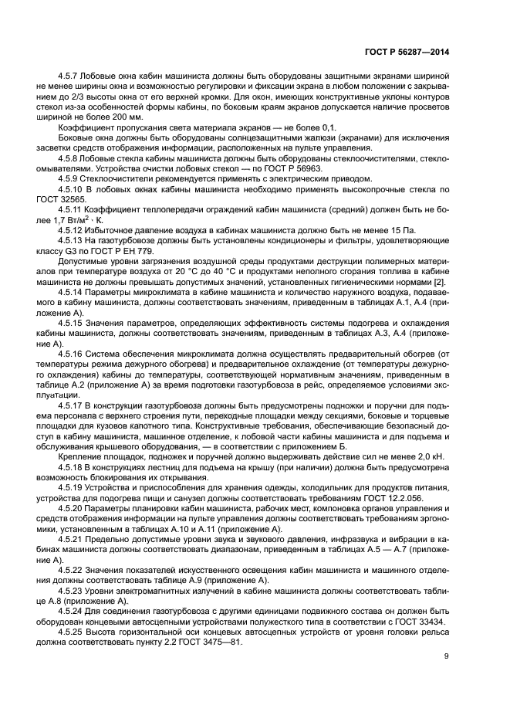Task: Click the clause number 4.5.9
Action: coord(69,178)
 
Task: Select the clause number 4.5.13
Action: coord(71,240)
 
